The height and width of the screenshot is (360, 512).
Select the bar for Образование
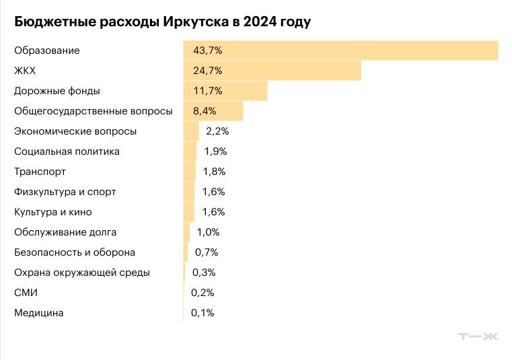pyautogui.click(x=340, y=50)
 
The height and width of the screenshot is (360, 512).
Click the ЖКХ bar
pyautogui.click(x=272, y=71)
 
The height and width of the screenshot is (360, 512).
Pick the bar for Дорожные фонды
pyautogui.click(x=225, y=91)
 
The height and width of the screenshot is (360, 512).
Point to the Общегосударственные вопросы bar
pyautogui.click(x=213, y=111)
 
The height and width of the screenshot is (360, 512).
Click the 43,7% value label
pyautogui.click(x=207, y=50)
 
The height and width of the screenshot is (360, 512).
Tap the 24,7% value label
pyautogui.click(x=207, y=71)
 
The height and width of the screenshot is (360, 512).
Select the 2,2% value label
pyautogui.click(x=217, y=131)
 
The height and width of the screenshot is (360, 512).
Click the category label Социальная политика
pyautogui.click(x=67, y=151)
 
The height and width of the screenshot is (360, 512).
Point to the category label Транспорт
pyautogui.click(x=40, y=172)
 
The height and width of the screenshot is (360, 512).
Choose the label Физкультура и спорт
pyautogui.click(x=65, y=192)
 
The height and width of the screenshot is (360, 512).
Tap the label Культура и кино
pyautogui.click(x=53, y=212)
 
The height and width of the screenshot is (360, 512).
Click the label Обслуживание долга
pyautogui.click(x=65, y=232)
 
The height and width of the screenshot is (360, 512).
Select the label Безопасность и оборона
pyautogui.click(x=75, y=252)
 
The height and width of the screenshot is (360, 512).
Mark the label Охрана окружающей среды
pyautogui.click(x=82, y=273)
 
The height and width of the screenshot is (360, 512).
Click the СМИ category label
pyautogui.click(x=26, y=293)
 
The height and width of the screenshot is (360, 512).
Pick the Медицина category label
pyautogui.click(x=39, y=313)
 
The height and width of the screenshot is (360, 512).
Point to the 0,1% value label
pyautogui.click(x=203, y=313)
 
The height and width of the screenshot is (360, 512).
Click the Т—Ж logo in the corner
pyautogui.click(x=478, y=336)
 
